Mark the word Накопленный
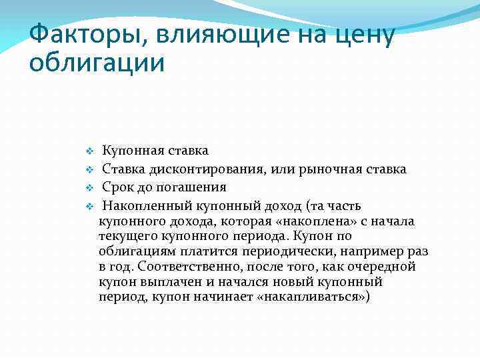tap(145, 205)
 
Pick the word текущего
tap(127, 236)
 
